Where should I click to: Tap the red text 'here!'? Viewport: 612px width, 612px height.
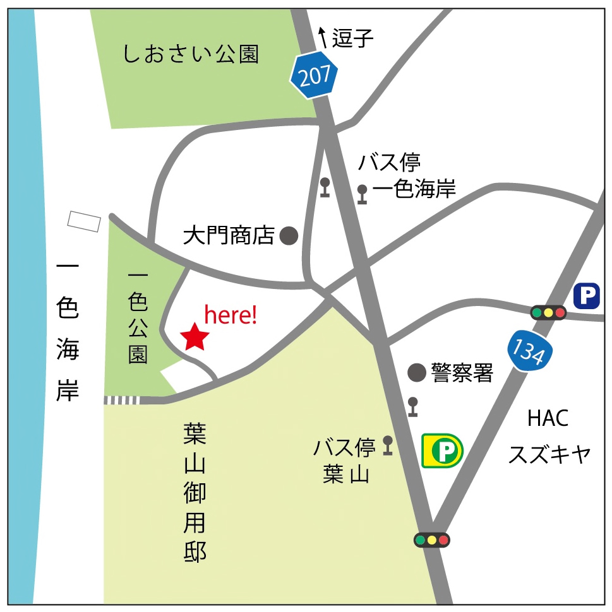pyautogui.click(x=231, y=315)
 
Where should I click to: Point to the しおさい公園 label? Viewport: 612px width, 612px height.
pyautogui.click(x=191, y=55)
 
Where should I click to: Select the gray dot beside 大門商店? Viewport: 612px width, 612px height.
pyautogui.click(x=289, y=236)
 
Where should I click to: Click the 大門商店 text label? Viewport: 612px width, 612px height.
pyautogui.click(x=229, y=236)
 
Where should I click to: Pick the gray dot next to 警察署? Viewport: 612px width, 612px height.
pyautogui.click(x=416, y=373)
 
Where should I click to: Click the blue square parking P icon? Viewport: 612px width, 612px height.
pyautogui.click(x=587, y=295)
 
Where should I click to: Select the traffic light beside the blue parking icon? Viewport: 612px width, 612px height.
pyautogui.click(x=548, y=312)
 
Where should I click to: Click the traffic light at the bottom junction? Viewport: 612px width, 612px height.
pyautogui.click(x=431, y=540)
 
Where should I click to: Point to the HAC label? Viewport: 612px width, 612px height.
pyautogui.click(x=548, y=418)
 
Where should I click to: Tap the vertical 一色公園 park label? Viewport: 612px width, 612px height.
pyautogui.click(x=138, y=317)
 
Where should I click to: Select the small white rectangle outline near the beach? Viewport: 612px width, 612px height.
pyautogui.click(x=85, y=221)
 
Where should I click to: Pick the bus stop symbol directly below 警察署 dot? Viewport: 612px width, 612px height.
pyautogui.click(x=413, y=406)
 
